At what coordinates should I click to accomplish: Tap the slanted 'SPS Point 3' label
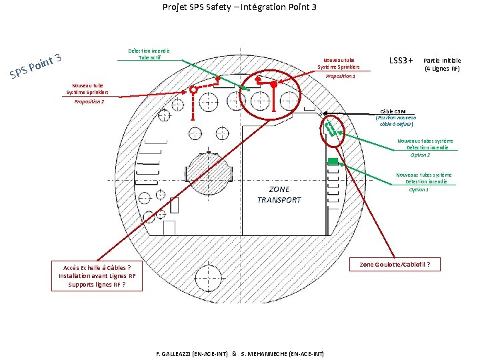[x=37, y=65]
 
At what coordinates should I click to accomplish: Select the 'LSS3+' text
[x=402, y=61]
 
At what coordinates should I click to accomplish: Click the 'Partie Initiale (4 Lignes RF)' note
[x=442, y=64]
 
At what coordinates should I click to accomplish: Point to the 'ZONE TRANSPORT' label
[x=279, y=194]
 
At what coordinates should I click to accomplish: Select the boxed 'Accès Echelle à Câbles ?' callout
[x=97, y=276]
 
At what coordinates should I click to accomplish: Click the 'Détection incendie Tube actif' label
[x=149, y=54]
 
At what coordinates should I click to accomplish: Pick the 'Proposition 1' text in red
[x=340, y=77]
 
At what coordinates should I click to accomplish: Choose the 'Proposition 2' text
[x=89, y=101]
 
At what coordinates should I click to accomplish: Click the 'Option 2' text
[x=420, y=155]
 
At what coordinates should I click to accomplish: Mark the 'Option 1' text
[x=419, y=189]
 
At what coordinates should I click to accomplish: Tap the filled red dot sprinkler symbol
[x=274, y=85]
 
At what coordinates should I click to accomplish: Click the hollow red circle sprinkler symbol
[x=194, y=89]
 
